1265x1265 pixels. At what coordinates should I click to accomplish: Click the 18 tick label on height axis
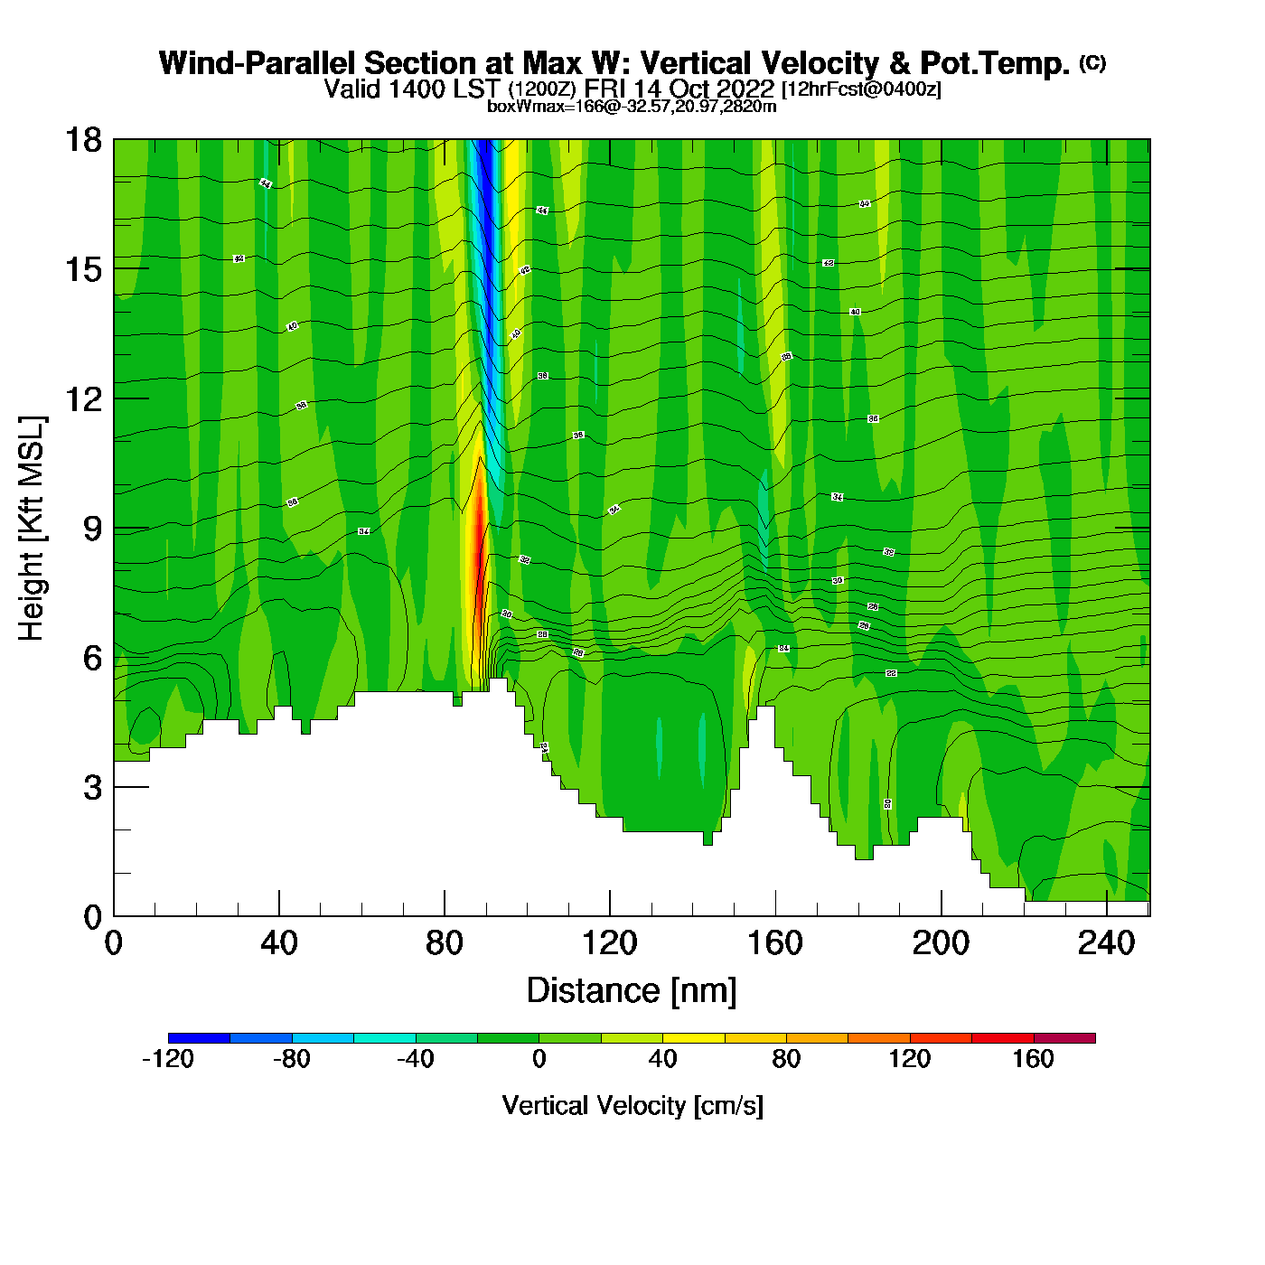[82, 140]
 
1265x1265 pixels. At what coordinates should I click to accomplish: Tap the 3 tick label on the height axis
[92, 788]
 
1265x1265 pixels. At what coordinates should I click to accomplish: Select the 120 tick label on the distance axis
[609, 944]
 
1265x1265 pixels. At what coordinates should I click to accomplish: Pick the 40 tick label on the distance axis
[278, 944]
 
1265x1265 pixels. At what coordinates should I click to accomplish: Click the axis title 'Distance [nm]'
[632, 991]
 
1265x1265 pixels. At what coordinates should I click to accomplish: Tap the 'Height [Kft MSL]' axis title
[32, 529]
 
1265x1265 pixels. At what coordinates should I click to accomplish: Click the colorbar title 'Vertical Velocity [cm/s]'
[632, 1106]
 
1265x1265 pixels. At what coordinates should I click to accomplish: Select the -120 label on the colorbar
[168, 1059]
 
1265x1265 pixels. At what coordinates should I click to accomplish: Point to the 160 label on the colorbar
[1033, 1059]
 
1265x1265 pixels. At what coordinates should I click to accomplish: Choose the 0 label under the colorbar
[539, 1059]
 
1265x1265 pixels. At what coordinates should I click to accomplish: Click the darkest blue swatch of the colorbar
[199, 1038]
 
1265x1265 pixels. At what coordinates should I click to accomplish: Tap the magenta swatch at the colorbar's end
[1064, 1038]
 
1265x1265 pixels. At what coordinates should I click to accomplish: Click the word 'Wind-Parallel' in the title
[257, 64]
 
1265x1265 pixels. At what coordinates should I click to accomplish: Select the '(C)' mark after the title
[1092, 62]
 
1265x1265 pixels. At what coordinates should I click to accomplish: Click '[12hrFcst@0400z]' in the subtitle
[861, 89]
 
